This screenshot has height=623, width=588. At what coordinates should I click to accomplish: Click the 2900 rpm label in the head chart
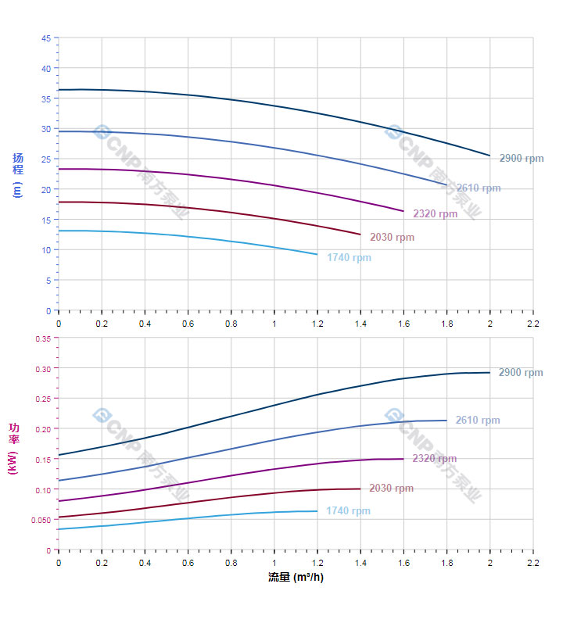coord(522,159)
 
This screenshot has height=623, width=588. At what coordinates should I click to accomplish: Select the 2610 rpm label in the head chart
coord(479,188)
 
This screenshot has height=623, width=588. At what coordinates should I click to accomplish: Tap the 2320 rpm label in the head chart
coord(436,214)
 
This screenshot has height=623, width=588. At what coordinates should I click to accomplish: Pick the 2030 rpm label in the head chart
coord(393,238)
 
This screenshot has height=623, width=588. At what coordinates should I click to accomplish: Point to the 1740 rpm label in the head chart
coord(350,258)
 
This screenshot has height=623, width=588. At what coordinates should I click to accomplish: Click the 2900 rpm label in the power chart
coord(521,373)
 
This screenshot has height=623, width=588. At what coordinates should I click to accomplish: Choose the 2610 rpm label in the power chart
coord(478,421)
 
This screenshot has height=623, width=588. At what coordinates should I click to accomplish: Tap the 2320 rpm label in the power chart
coord(435,459)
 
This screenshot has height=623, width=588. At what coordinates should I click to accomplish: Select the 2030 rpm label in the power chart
coord(391,489)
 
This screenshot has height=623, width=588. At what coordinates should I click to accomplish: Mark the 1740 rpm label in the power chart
coord(348,511)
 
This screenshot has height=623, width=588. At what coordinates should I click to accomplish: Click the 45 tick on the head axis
coord(46,38)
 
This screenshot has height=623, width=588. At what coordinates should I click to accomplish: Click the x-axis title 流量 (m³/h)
coord(296,578)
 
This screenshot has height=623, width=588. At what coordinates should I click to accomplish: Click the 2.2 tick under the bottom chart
coord(533,562)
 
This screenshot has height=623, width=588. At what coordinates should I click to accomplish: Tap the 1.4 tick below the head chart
coord(360,322)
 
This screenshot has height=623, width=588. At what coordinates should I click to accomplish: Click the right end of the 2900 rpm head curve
coord(490,156)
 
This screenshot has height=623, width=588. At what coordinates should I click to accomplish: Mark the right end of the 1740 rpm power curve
coord(317,511)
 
